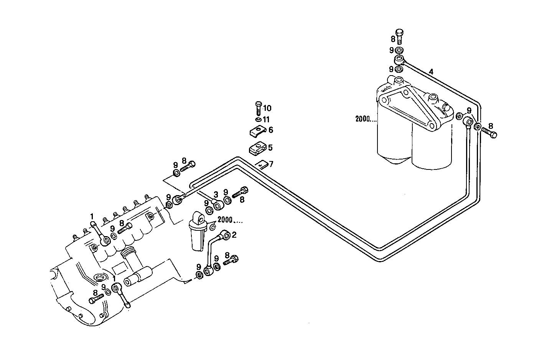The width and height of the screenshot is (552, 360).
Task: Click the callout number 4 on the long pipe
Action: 432,72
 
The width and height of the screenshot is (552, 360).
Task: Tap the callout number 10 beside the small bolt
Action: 267,108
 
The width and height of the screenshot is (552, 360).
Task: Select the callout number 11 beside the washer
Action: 266,120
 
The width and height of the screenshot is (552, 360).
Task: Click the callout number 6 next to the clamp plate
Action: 271,130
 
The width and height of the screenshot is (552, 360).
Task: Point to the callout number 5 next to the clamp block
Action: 270,148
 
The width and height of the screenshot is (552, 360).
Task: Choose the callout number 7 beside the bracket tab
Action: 271,164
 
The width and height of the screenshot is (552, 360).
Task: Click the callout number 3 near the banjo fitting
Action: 216,194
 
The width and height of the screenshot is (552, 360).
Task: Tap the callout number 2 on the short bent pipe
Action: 234,235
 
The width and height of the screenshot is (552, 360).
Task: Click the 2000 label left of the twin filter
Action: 363,119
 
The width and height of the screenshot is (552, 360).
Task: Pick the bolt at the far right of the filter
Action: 489,133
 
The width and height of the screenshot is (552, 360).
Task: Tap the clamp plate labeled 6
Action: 256,132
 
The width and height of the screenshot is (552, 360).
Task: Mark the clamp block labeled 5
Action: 257,148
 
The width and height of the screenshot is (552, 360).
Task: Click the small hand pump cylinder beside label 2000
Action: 198,234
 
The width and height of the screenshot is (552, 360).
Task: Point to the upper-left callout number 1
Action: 92,216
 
